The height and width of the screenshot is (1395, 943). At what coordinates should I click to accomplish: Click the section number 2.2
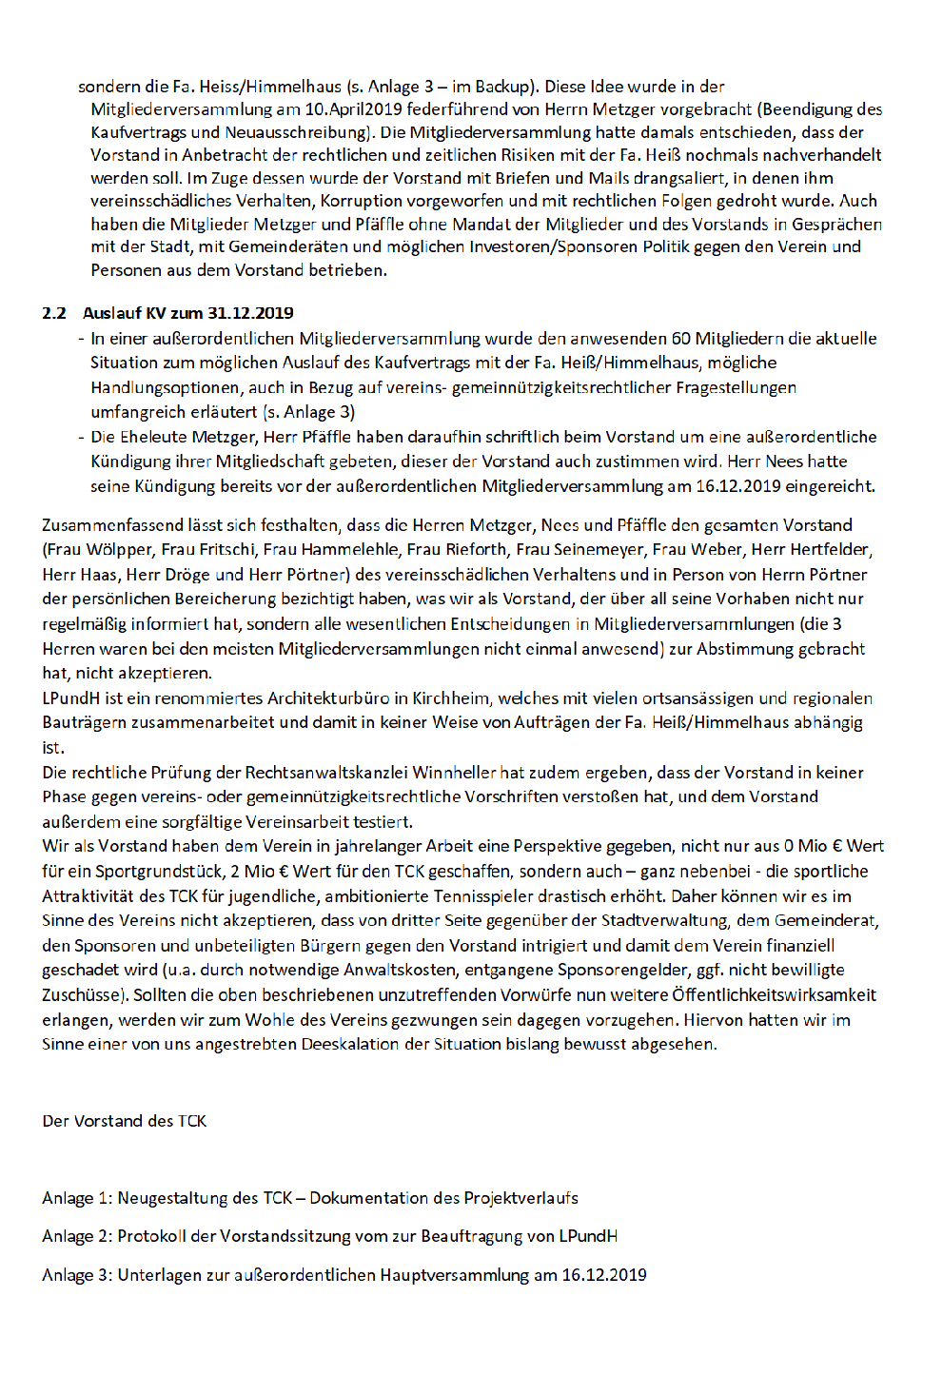(54, 313)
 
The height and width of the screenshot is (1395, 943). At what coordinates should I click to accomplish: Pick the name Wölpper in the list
(115, 549)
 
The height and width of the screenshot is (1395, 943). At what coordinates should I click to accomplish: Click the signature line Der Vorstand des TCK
(125, 1121)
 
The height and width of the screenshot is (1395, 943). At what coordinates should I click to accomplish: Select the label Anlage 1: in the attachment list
(77, 1198)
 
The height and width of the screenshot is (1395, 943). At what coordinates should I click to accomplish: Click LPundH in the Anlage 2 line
(587, 1236)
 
